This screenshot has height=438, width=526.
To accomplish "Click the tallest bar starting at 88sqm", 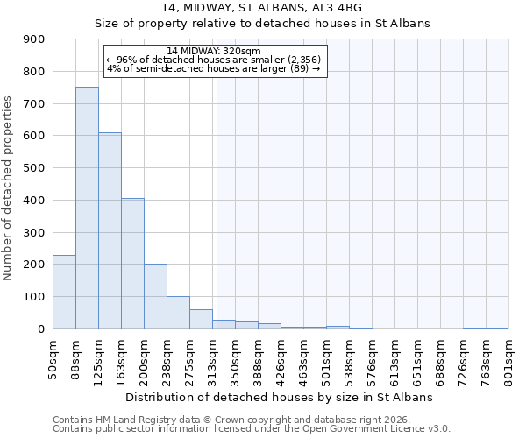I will (x=87, y=208).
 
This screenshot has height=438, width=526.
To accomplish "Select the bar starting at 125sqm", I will (x=110, y=230).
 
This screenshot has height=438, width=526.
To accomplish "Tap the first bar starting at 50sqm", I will (x=64, y=292).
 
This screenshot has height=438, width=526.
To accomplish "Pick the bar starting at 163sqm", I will (x=132, y=263).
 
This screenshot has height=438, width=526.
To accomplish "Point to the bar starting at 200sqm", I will (x=155, y=296).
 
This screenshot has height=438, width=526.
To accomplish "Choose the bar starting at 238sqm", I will (x=178, y=312).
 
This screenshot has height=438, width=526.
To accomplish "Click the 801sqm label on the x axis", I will (x=508, y=362).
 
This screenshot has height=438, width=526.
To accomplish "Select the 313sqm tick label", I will (x=212, y=362).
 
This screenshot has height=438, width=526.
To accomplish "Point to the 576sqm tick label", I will (x=372, y=362).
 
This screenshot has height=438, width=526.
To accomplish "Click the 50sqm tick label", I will (x=53, y=360).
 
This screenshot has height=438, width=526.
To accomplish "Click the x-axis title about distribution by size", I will (x=281, y=397).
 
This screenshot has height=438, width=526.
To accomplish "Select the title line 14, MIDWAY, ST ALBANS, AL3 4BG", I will (x=262, y=8).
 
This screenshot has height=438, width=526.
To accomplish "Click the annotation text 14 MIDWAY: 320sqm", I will (x=214, y=52).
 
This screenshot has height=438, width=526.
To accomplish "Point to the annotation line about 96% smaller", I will (x=214, y=60).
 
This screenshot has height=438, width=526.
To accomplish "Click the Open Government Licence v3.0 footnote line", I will (x=252, y=429).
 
